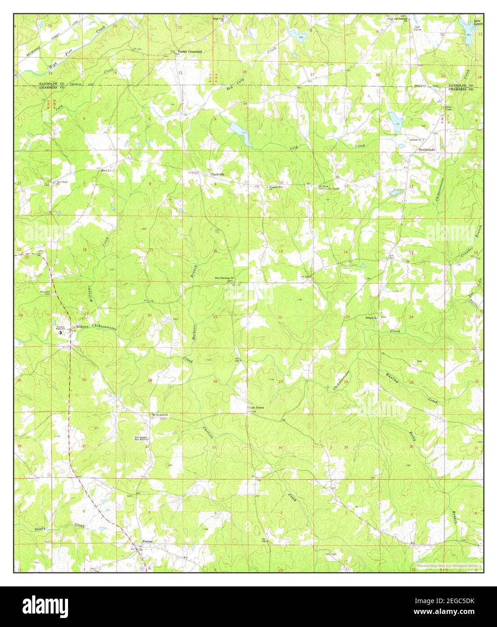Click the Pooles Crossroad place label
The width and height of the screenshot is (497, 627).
point(190,52)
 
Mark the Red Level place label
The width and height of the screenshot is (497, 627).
point(109,171)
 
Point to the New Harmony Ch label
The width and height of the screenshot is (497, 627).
point(224,278)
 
